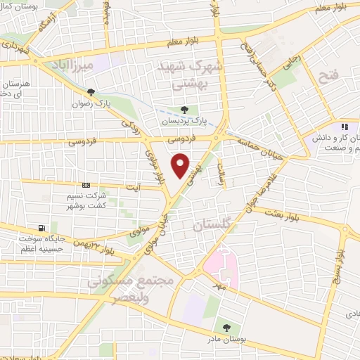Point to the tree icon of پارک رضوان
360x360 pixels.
(x=91, y=92)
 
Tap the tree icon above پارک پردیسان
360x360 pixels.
(x=184, y=110)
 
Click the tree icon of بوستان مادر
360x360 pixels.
(x=226, y=327)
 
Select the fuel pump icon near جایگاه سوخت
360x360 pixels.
(x=43, y=228)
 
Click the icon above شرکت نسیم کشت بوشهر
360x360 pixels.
(x=86, y=184)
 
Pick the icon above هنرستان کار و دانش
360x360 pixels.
(x=345, y=127)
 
